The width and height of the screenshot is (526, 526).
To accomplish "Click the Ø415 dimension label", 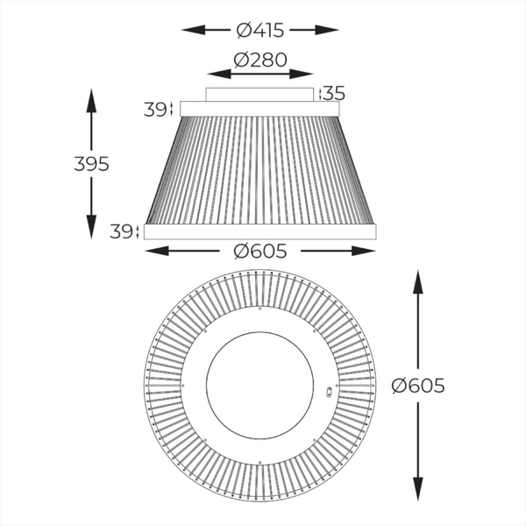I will (260, 30).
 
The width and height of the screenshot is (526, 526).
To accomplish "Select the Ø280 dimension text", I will (260, 61).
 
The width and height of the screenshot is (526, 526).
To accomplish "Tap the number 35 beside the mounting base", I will (333, 93).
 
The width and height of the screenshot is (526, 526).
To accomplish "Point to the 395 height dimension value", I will (91, 164).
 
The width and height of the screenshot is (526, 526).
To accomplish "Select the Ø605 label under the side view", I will (260, 251).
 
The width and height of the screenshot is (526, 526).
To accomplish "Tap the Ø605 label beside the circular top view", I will (418, 385).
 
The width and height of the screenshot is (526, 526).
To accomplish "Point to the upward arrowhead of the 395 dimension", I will (91, 95).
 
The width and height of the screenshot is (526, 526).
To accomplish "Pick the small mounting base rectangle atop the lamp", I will (259, 95).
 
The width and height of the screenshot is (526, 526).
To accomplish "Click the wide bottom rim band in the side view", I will (260, 231).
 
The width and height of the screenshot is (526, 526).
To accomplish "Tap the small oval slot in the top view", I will (329, 392).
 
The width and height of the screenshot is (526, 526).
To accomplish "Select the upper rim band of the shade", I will (259, 110).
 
